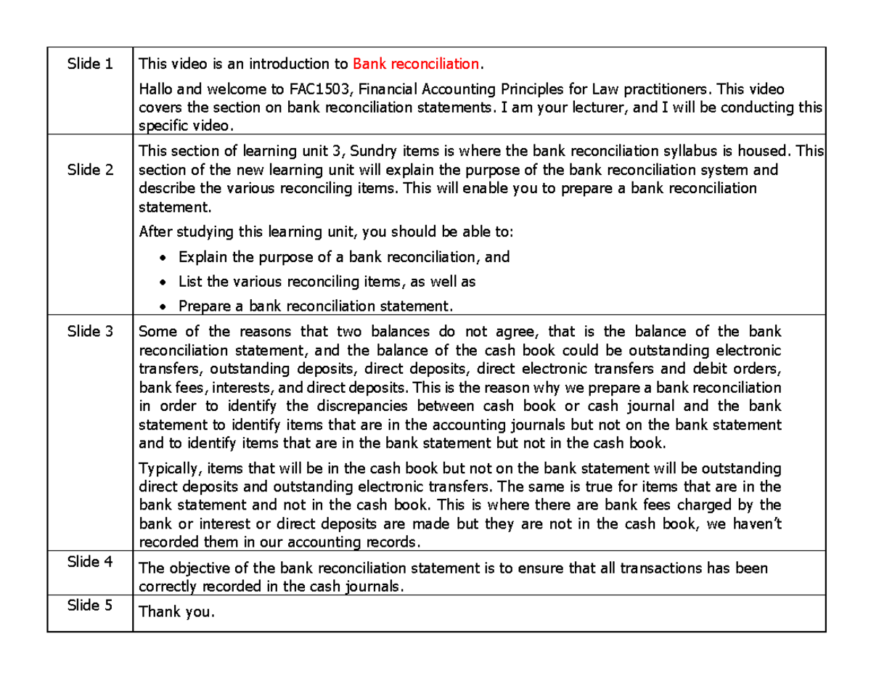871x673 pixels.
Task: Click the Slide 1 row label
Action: (x=90, y=64)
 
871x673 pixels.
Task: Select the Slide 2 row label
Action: (x=90, y=171)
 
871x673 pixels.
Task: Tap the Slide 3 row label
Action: (x=90, y=332)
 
